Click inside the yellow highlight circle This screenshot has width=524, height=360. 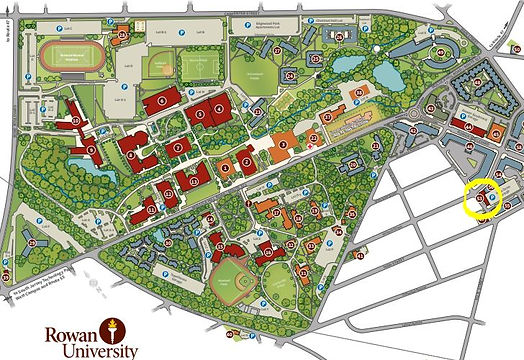484,199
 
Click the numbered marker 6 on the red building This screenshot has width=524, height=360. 162,100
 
